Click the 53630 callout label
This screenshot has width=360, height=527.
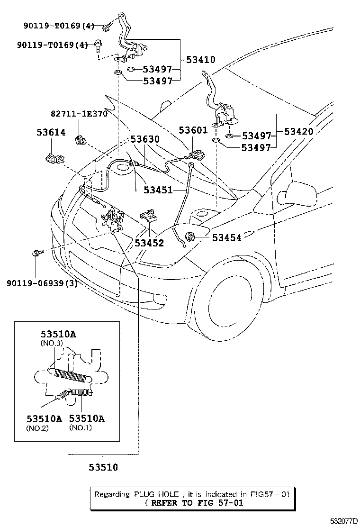[145, 139]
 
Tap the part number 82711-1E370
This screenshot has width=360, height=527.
[79, 114]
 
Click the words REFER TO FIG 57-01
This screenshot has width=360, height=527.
[196, 503]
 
